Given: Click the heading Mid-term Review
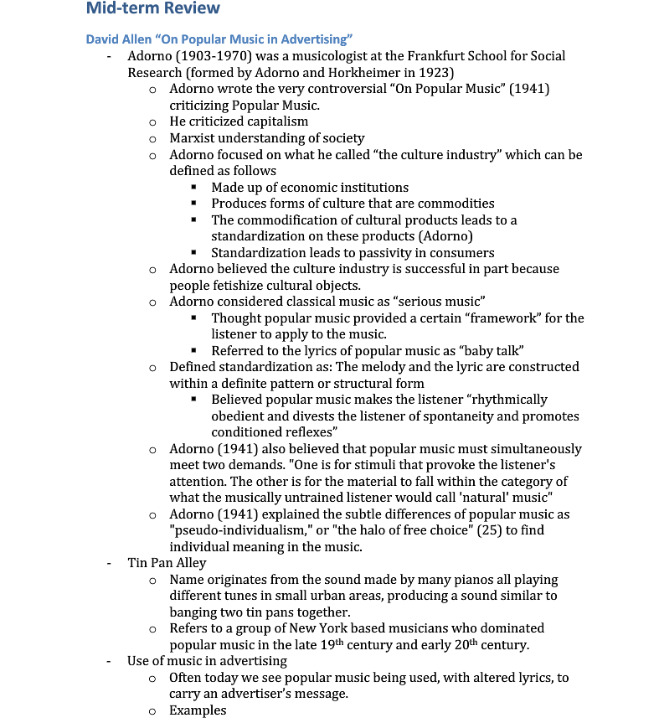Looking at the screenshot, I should tap(153, 9).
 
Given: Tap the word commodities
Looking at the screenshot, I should tap(456, 204).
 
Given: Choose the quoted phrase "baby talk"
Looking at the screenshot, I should tap(492, 351).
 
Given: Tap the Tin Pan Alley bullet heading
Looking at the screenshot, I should tap(167, 563).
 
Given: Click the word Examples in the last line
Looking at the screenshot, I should tap(198, 710).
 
